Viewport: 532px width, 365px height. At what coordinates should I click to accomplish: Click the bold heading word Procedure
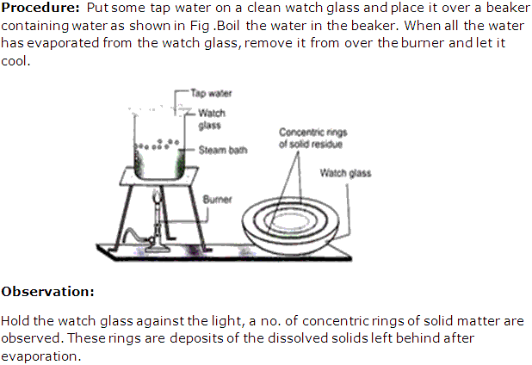click(x=40, y=8)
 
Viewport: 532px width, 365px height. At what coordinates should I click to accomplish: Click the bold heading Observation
click(x=47, y=291)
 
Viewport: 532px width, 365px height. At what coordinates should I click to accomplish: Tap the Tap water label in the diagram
click(x=211, y=93)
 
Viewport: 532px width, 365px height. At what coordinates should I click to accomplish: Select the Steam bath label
click(x=223, y=150)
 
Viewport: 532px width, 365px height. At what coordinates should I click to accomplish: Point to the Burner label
click(x=217, y=199)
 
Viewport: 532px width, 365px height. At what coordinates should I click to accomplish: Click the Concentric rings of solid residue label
click(x=312, y=138)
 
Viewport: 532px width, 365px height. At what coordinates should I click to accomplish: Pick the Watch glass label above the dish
click(x=345, y=173)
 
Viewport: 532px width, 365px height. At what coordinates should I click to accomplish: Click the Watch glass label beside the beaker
click(x=212, y=119)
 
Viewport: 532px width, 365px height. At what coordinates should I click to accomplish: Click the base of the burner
click(x=157, y=248)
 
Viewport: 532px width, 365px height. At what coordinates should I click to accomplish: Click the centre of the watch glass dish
click(x=290, y=222)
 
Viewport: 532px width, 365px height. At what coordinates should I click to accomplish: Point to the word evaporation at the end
click(x=39, y=356)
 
